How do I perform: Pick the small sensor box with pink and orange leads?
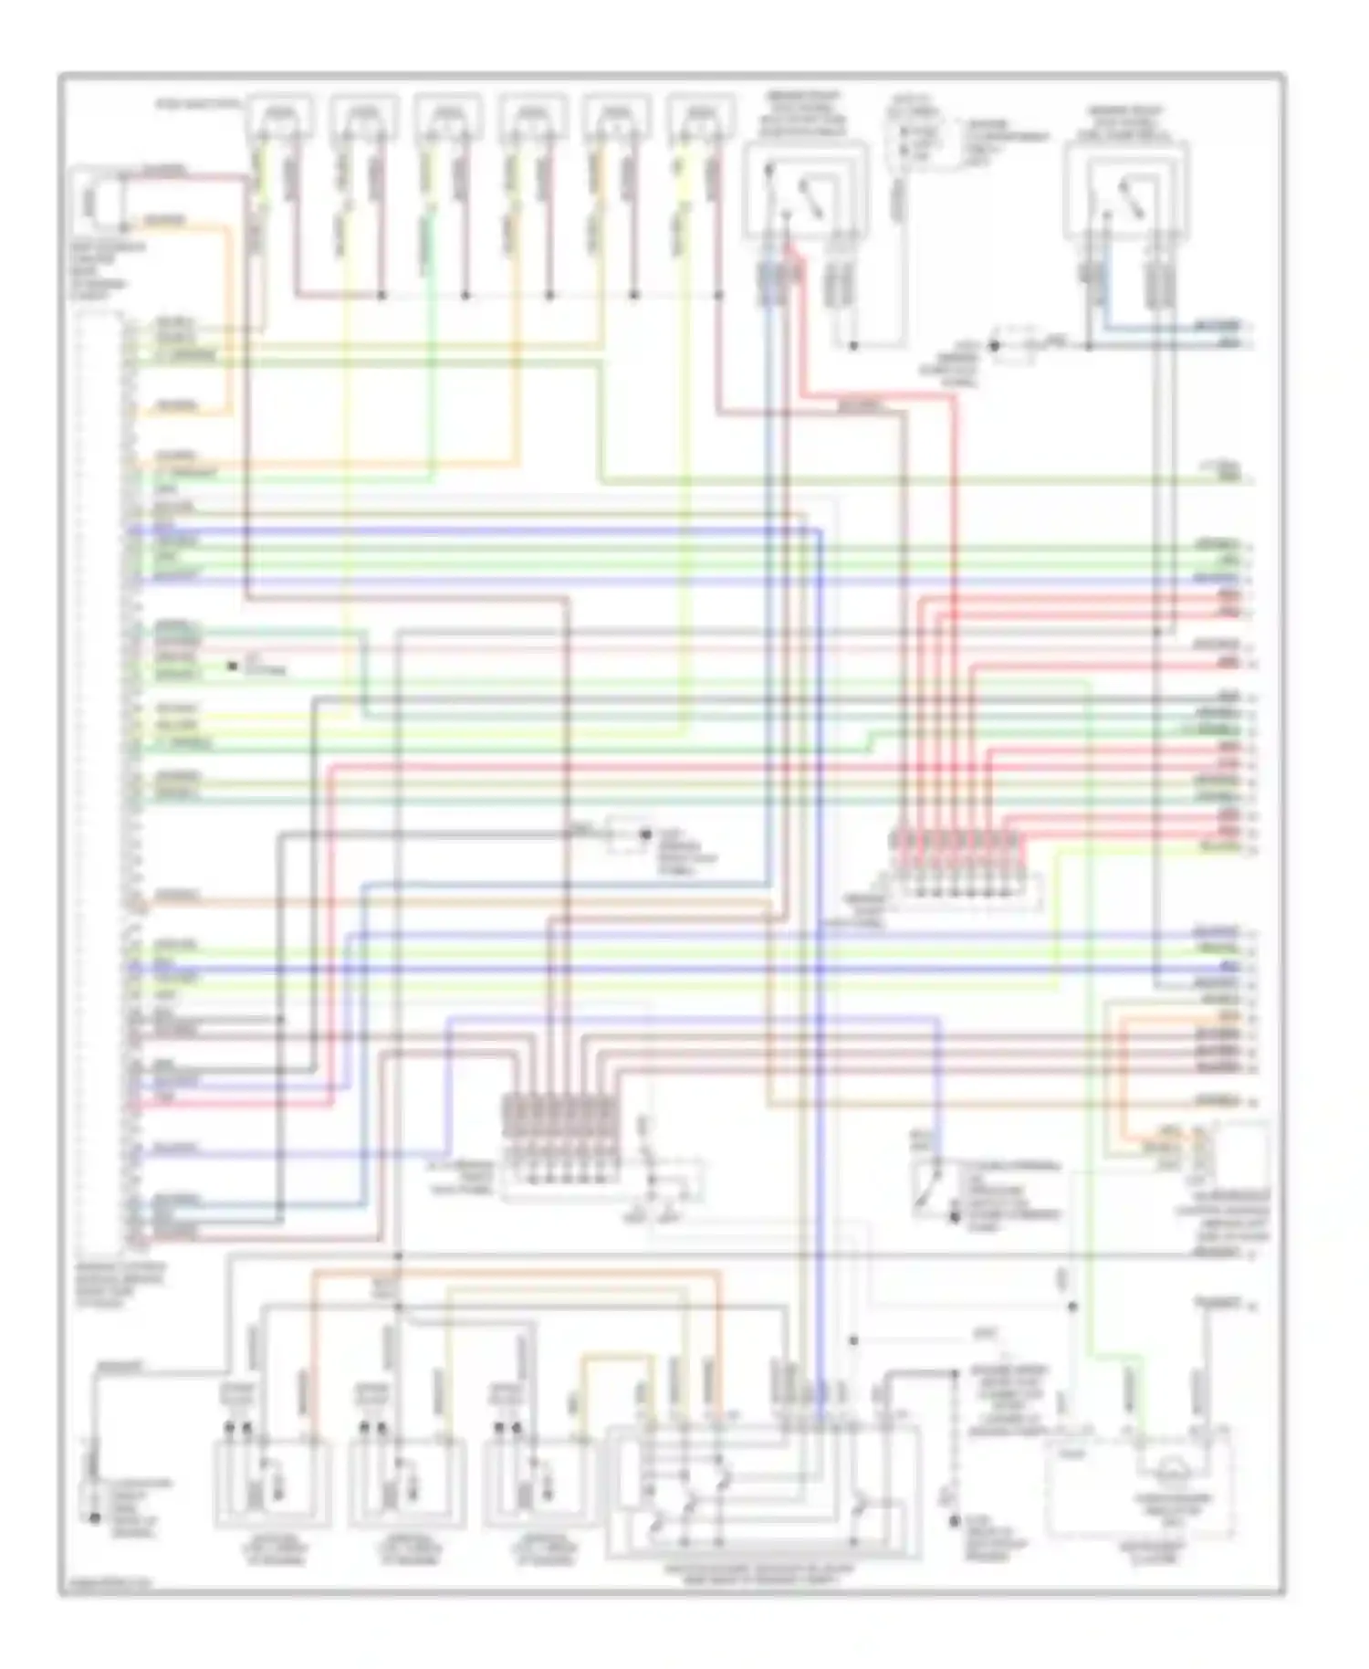click(x=99, y=201)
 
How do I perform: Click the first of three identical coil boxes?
click(x=272, y=1483)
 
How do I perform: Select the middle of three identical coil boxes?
click(x=406, y=1483)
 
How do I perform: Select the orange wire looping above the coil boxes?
click(x=511, y=1273)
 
